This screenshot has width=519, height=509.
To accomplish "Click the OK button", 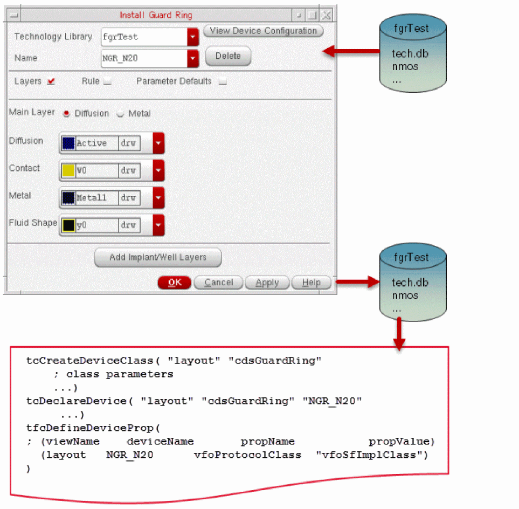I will pyautogui.click(x=174, y=283).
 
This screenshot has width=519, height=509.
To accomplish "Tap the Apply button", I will pyautogui.click(x=267, y=283).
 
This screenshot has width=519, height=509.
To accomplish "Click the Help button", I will pyautogui.click(x=311, y=283).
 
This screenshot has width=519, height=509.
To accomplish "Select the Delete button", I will pyautogui.click(x=228, y=56).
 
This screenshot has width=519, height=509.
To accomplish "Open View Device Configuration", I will pyautogui.click(x=263, y=31).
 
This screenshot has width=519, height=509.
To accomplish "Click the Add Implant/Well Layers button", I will pyautogui.click(x=158, y=257).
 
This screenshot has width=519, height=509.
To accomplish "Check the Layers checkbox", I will pyautogui.click(x=51, y=81).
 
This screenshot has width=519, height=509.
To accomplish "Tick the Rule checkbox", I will pyautogui.click(x=107, y=81).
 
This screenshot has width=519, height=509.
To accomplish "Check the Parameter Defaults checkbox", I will pyautogui.click(x=223, y=81).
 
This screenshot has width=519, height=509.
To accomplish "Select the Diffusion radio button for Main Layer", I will pyautogui.click(x=66, y=114).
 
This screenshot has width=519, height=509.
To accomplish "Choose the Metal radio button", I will pyautogui.click(x=121, y=114).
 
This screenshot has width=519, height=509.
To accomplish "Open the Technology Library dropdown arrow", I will pyautogui.click(x=193, y=37).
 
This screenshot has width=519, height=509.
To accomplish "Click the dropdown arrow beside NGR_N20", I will pyautogui.click(x=193, y=58).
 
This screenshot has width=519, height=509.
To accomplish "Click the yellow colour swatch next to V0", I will pyautogui.click(x=68, y=170).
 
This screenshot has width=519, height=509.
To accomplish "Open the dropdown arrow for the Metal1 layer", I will pyautogui.click(x=158, y=198).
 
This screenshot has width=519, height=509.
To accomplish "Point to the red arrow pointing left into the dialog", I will pyautogui.click(x=350, y=52).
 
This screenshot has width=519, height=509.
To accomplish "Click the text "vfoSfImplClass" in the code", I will pyautogui.click(x=372, y=455).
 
